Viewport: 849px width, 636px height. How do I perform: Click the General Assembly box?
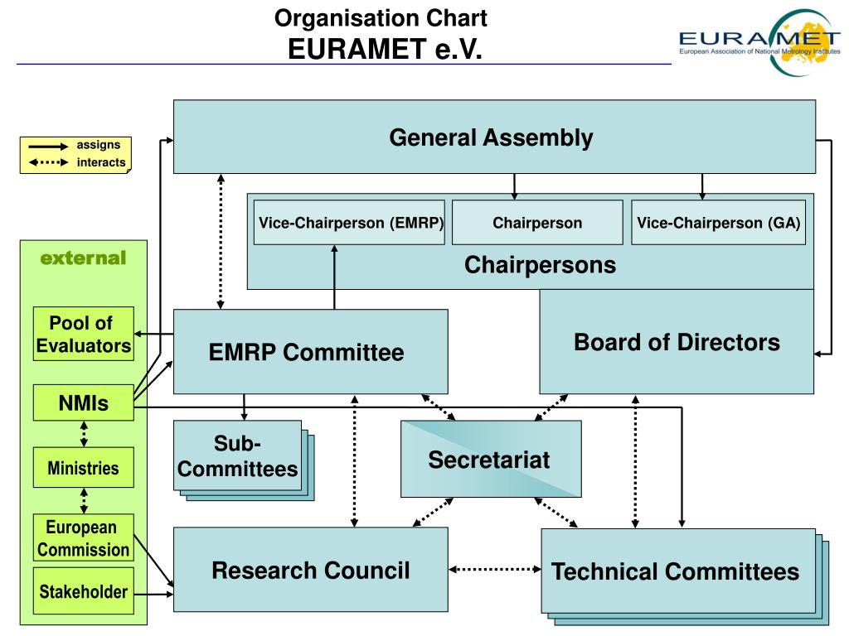494,137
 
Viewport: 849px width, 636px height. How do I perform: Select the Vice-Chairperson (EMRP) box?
349,222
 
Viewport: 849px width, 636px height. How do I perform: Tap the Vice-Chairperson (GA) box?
719,222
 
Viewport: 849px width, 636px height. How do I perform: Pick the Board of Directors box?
677,342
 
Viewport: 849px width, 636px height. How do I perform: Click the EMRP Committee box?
310,351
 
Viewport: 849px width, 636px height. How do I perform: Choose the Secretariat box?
491,459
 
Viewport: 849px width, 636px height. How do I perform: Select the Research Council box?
310,570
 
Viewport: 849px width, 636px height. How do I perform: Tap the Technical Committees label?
675,571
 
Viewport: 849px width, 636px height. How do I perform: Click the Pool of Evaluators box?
84,334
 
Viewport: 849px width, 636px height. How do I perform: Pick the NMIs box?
84,403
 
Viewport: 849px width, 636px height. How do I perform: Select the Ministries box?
84,467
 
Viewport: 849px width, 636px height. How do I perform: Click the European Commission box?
84,537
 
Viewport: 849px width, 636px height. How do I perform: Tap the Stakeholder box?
84,591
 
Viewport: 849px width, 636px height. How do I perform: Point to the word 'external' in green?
84,258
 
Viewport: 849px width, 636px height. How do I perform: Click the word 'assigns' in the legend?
98,145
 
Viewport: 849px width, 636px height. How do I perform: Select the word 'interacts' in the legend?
100,162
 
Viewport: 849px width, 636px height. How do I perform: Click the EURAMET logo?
759,41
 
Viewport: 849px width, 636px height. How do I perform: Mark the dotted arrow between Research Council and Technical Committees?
495,569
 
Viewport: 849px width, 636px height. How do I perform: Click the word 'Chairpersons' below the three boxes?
540,265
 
